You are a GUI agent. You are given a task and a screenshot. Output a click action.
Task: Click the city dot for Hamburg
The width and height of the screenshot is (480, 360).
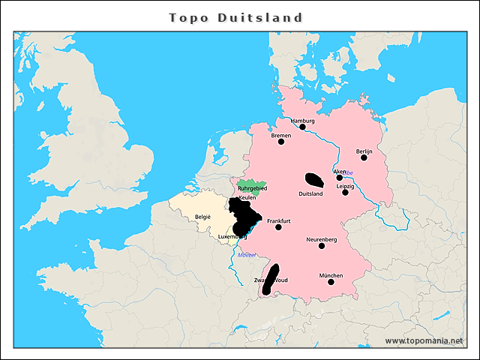coord(302,127)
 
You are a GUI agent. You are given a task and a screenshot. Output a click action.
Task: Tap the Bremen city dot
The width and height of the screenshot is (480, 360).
coord(281,142)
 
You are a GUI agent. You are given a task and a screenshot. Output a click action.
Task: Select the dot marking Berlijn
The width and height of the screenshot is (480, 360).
coord(364,157)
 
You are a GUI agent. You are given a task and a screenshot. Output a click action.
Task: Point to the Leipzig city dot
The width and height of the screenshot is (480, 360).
coord(346,193)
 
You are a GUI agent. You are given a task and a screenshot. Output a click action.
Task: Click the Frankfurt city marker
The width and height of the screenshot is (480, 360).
coord(278,227)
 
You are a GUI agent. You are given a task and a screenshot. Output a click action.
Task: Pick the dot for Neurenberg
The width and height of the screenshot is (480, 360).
coord(322,246)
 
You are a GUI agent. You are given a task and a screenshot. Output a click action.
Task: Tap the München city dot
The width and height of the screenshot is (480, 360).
coord(331,282)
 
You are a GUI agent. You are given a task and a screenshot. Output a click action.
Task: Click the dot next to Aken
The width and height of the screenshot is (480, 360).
coord(340,178)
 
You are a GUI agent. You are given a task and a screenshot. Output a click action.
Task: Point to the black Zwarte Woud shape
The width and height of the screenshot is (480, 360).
coord(270,277)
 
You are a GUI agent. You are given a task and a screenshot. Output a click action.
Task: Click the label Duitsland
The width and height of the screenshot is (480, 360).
coord(310,194)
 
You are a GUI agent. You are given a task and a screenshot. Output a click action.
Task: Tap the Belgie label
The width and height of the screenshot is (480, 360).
coord(203,217)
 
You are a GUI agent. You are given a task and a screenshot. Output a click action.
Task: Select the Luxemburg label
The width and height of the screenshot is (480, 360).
coord(232,237)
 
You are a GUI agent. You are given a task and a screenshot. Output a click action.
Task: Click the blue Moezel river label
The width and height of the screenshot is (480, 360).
coord(247,255)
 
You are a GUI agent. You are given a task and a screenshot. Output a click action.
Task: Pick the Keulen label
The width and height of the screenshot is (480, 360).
coord(247,198)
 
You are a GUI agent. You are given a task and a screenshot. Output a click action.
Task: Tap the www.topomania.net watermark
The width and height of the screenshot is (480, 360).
coord(424,340)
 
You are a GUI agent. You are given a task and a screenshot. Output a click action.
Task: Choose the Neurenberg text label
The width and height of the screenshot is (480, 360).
coord(321,239)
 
